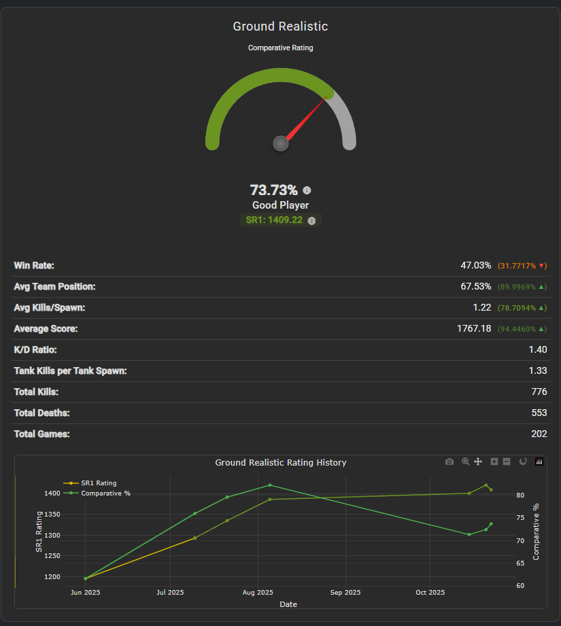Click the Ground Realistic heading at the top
[280, 27]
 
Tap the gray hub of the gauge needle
[280, 143]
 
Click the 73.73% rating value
[273, 190]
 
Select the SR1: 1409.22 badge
[274, 220]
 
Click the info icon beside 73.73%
[307, 190]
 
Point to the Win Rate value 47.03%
[475, 265]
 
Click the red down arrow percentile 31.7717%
[522, 266]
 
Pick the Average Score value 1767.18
[474, 328]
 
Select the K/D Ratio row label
[35, 349]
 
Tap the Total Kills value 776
[539, 392]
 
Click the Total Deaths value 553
[539, 413]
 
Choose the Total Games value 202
[539, 434]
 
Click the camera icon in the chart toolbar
[449, 462]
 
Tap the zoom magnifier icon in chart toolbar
[466, 462]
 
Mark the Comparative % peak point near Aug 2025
[270, 485]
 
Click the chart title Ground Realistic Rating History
[281, 462]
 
